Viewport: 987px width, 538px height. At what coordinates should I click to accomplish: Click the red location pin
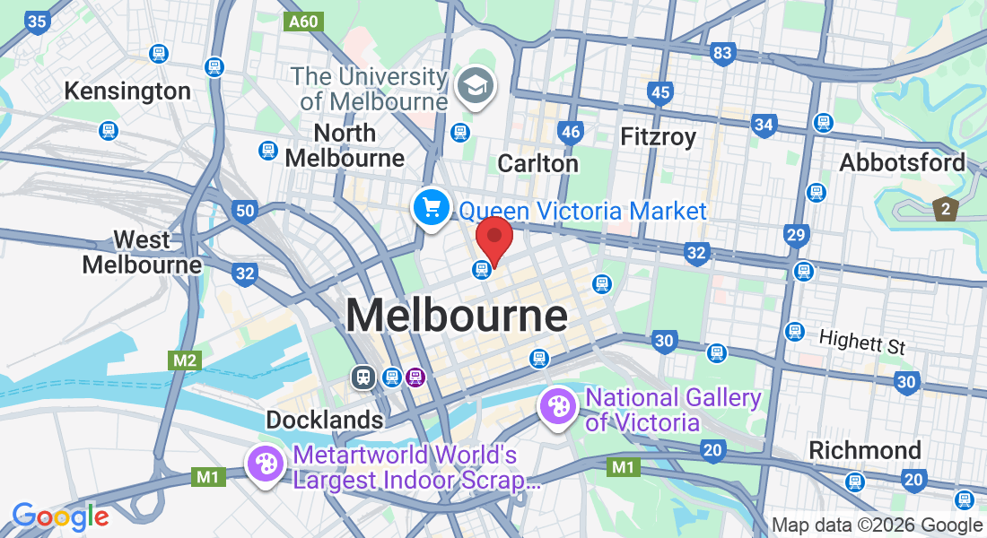[493, 238]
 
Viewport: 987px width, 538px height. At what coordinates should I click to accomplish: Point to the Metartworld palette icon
[266, 464]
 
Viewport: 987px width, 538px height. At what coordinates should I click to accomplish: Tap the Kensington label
[127, 91]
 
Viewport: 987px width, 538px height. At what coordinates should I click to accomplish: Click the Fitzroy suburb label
[659, 137]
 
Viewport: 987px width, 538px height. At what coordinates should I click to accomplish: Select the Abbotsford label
[902, 162]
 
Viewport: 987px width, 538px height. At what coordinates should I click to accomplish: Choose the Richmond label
[865, 450]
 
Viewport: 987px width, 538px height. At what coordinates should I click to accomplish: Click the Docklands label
[324, 420]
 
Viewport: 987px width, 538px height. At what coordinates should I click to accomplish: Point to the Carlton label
[537, 164]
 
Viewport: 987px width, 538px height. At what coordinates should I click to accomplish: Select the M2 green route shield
[185, 360]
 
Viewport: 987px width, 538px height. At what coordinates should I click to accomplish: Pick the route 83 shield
[723, 54]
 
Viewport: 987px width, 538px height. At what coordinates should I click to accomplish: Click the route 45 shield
[660, 92]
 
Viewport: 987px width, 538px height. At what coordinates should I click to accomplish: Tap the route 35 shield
[37, 22]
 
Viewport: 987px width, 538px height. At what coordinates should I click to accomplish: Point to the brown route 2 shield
[946, 209]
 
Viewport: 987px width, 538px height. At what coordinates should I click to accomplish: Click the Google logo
[60, 516]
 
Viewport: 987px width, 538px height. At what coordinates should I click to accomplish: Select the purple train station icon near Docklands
[414, 377]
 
